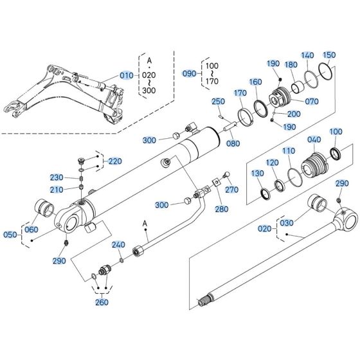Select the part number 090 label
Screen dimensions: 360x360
(x=191, y=73)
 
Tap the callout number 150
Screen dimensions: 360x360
(x=328, y=55)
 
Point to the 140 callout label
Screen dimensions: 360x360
(x=308, y=55)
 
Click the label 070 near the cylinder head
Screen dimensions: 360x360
(x=312, y=101)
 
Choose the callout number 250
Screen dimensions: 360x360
(x=218, y=102)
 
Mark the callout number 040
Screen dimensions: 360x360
(x=314, y=139)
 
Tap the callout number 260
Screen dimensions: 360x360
(x=102, y=302)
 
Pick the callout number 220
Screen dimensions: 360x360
(x=114, y=161)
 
